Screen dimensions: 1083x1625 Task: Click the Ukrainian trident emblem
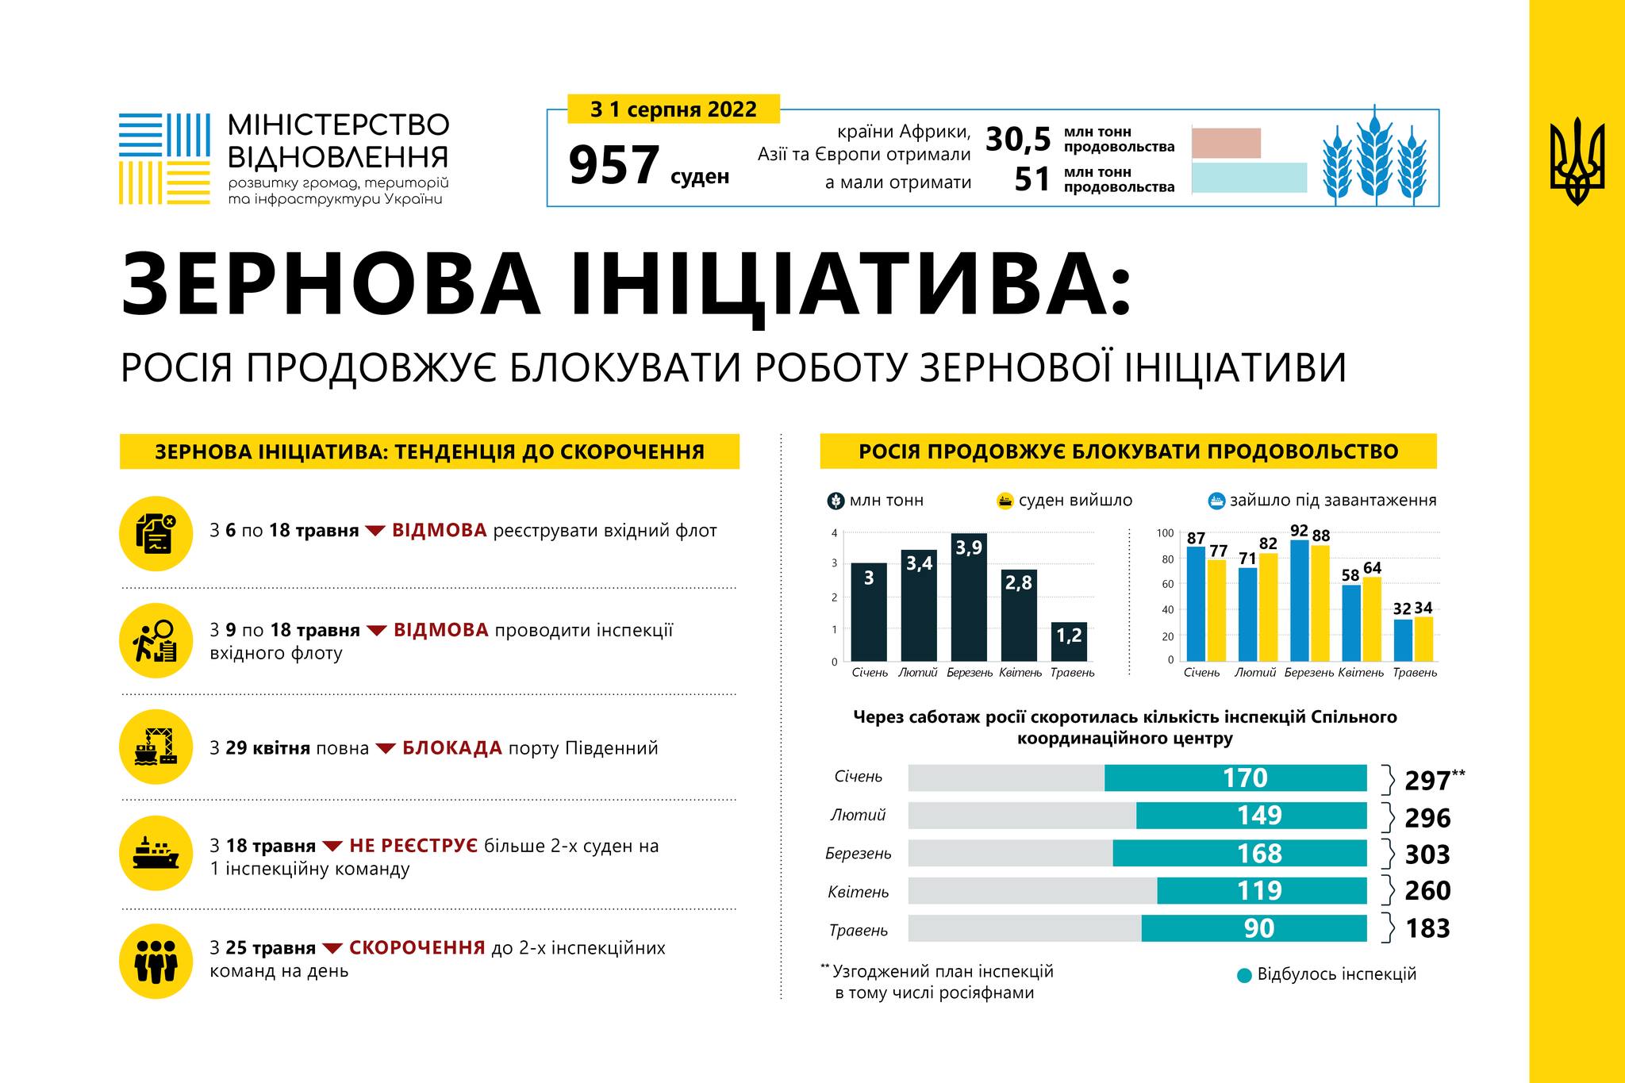1577,162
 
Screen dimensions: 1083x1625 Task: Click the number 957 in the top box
614,166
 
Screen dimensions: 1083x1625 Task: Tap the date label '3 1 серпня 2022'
673,109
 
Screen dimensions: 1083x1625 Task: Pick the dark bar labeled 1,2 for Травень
1069,642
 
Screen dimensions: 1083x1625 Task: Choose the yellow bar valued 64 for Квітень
1371,619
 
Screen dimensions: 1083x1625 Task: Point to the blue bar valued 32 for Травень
1403,640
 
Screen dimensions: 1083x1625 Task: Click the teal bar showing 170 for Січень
1235,778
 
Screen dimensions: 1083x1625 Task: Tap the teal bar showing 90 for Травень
1254,928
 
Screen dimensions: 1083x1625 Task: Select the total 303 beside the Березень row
1427,854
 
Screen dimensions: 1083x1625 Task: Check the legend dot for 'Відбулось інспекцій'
1244,975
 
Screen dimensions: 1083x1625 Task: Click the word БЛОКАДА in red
451,748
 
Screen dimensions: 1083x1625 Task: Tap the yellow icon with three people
156,960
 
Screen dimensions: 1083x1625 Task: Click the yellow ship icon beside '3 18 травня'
156,853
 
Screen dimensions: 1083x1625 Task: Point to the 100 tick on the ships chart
1165,533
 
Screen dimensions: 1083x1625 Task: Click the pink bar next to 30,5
1226,143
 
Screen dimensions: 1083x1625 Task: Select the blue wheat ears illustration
1375,156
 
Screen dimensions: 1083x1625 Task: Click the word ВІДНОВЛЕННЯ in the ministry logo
338,156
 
